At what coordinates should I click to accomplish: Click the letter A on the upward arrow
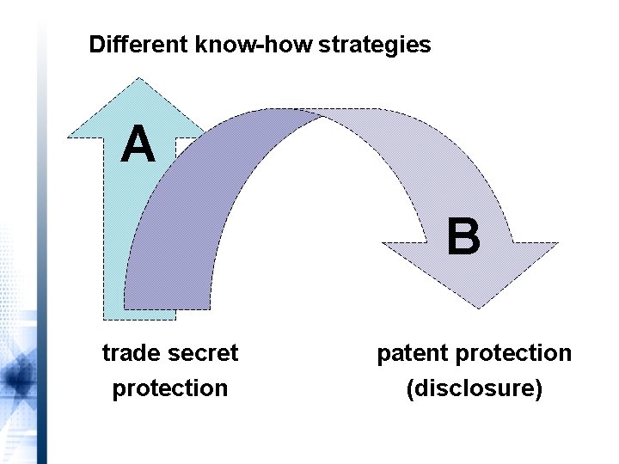pos(138,144)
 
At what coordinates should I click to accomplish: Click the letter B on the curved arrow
pos(463,237)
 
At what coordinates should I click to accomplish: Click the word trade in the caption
pos(129,353)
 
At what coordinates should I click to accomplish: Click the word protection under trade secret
pos(170,388)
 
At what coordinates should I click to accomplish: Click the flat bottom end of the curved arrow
pos(168,308)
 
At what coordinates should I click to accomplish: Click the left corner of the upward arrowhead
pos(70,137)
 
